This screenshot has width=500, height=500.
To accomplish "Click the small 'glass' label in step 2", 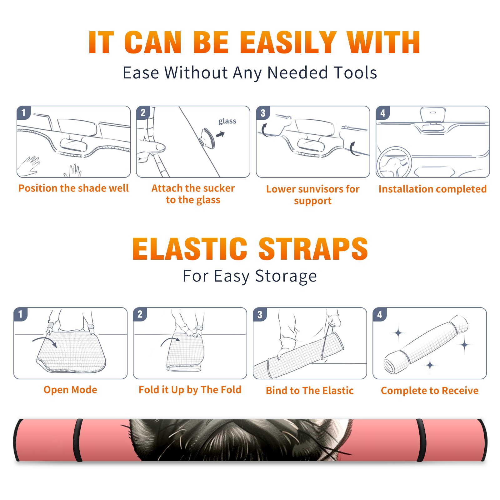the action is [227, 121].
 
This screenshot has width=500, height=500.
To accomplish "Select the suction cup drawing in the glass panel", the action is [207, 138].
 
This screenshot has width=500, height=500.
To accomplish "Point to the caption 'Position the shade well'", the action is [73, 188].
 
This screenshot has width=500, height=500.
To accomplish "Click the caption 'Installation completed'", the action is [432, 189].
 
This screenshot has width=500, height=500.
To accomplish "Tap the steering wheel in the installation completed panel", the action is [394, 162].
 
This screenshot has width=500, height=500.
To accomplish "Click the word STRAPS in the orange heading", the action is [313, 249].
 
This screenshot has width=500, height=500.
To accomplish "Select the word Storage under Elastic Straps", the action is [286, 276].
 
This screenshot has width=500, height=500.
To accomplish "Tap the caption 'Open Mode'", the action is [70, 390].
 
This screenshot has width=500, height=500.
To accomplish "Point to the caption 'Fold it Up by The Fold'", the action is [190, 390].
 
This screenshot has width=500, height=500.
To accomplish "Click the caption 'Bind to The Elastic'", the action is [310, 391].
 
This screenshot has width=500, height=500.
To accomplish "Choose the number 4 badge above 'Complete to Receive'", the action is [380, 315].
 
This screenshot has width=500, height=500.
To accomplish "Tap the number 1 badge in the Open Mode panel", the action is [21, 314].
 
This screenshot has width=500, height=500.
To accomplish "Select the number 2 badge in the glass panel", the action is [143, 113].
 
